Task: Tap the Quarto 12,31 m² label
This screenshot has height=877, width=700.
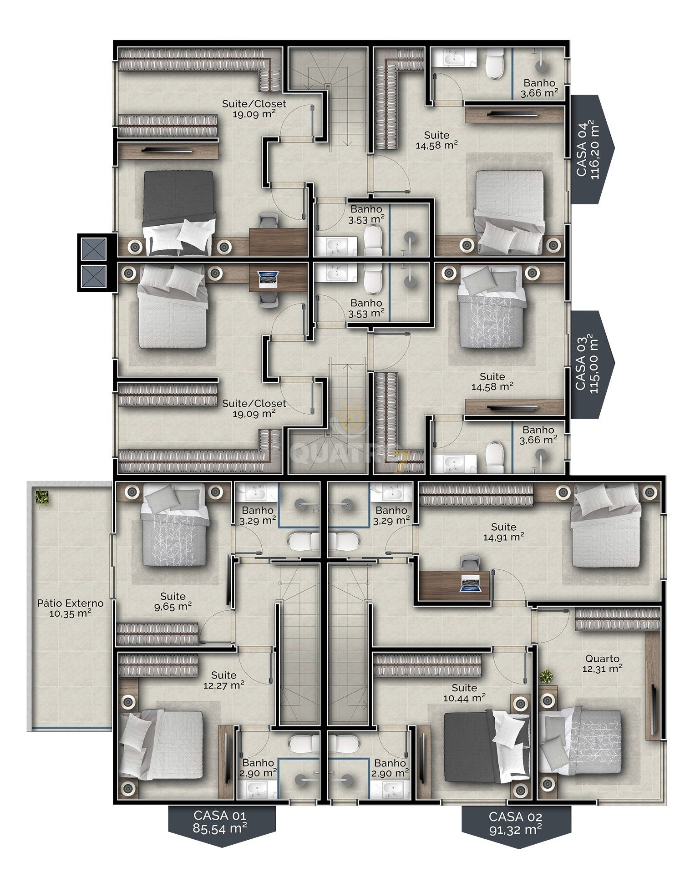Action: (602, 664)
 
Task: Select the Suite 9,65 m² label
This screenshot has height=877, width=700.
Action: (173, 601)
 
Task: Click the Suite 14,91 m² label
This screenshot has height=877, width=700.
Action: (503, 532)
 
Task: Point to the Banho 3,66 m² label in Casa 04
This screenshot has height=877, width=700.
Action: (539, 88)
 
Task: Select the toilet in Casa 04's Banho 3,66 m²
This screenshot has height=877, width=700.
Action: (494, 63)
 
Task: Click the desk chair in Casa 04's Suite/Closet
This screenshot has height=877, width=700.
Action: (268, 222)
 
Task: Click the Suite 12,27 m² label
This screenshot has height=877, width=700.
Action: (224, 680)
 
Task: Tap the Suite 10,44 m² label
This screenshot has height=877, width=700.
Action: (464, 692)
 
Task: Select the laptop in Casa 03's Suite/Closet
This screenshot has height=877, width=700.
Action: (268, 279)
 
